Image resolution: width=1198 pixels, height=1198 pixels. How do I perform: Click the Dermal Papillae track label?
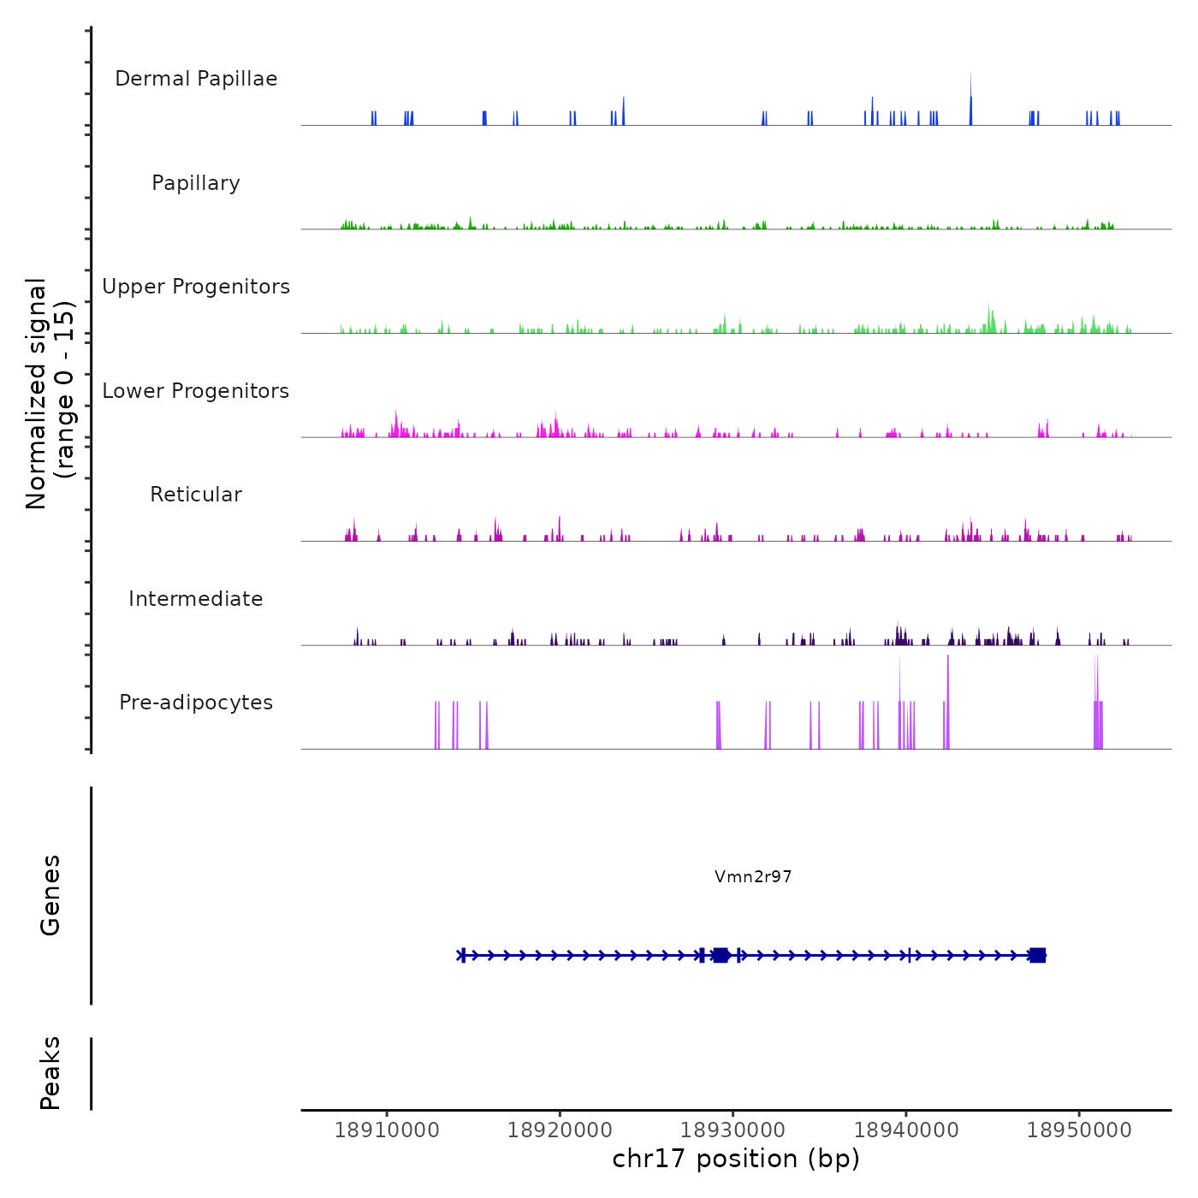(x=196, y=79)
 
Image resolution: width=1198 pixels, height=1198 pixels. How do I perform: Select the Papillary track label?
(x=196, y=183)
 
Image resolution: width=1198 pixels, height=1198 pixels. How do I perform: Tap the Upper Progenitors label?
(x=196, y=287)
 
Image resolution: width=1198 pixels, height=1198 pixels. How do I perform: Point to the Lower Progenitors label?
(x=196, y=391)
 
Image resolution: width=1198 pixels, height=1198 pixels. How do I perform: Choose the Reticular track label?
(x=196, y=495)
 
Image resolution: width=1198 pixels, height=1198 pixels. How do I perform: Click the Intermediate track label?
(x=196, y=599)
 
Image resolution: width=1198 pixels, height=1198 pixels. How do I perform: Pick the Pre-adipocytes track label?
(x=196, y=703)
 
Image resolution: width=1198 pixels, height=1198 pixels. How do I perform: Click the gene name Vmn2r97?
(x=753, y=876)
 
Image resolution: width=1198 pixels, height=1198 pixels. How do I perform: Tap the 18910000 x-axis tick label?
(x=387, y=1130)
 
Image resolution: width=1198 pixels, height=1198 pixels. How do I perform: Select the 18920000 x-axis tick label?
(x=560, y=1130)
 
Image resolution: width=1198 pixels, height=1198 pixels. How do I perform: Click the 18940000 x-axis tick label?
(x=906, y=1130)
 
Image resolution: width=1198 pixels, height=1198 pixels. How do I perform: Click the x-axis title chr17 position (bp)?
(x=736, y=1159)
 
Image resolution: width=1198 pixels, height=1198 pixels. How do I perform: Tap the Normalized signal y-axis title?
(x=50, y=394)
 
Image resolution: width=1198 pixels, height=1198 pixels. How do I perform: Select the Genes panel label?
(x=50, y=895)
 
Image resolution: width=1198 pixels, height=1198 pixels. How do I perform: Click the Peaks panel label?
(x=50, y=1073)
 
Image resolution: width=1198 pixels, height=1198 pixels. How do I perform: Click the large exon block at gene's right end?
(x=1037, y=955)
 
